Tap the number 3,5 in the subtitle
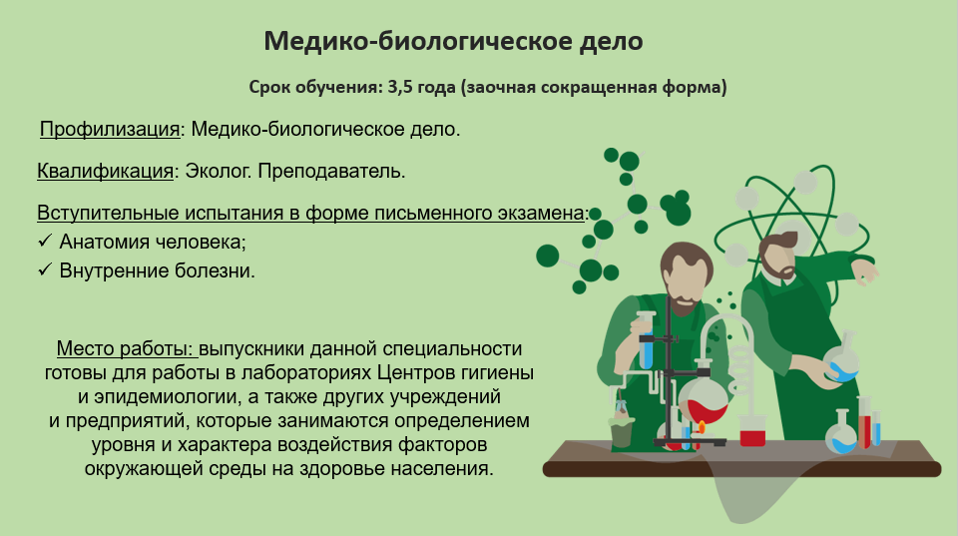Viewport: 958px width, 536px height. point(399,88)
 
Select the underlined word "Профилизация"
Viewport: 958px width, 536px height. point(110,129)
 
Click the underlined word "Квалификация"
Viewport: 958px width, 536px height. point(105,171)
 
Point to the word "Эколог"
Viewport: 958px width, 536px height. point(219,171)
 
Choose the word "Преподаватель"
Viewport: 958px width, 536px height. point(331,171)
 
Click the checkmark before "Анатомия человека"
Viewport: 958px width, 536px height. point(45,241)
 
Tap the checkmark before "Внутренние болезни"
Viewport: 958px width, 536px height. point(45,269)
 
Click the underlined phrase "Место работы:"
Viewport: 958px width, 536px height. point(128,348)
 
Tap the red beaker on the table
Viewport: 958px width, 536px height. point(752,430)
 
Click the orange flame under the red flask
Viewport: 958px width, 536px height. point(702,426)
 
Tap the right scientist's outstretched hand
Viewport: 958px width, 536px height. point(866,272)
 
